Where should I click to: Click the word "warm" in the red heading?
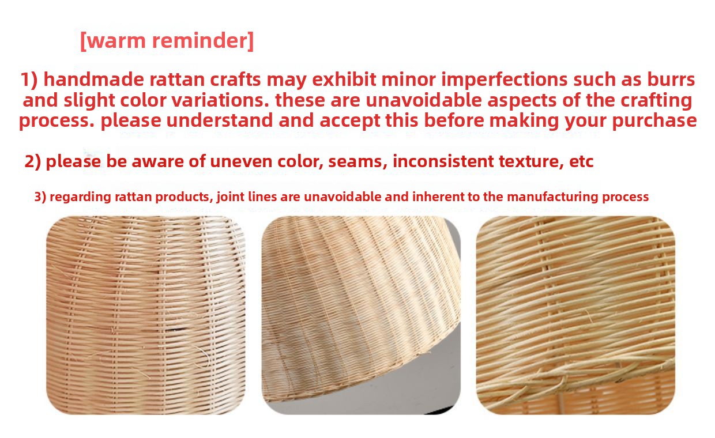117,41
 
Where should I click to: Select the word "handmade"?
94,79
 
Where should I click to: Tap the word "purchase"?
654,121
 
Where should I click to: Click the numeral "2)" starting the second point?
33,161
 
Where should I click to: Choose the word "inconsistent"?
443,161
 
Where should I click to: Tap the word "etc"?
581,161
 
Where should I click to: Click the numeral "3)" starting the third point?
40,197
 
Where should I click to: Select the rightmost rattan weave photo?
575,315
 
